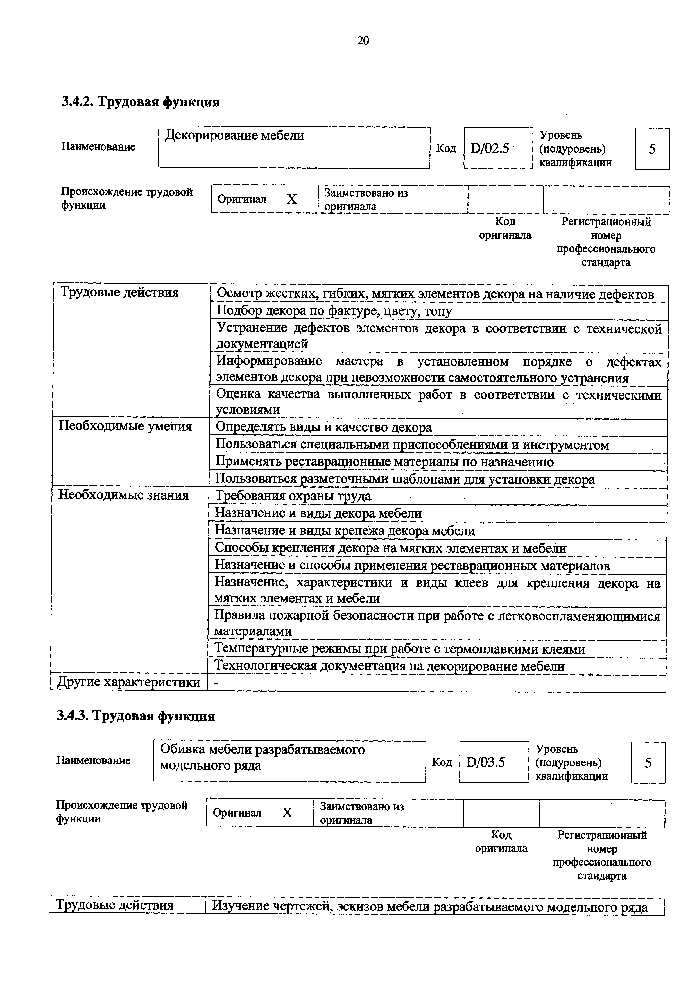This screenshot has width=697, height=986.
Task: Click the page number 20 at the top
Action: pos(363,41)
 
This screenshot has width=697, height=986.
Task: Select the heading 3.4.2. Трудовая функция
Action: pos(141,102)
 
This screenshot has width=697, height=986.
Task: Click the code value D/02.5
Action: pos(490,149)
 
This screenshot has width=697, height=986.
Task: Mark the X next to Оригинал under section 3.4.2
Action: pos(292,199)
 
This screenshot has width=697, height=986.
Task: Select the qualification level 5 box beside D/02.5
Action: pos(652,149)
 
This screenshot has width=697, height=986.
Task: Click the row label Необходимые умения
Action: pos(125,427)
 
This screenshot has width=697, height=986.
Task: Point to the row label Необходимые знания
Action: pos(124,495)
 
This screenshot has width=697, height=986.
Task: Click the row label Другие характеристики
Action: pos(129,682)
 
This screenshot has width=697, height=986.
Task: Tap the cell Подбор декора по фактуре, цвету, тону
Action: pos(334,311)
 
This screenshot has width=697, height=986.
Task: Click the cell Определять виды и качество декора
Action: pos(324,427)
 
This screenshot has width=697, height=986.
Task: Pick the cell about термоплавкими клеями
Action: pos(399,649)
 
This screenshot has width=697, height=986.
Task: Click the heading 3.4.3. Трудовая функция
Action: pos(136,716)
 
